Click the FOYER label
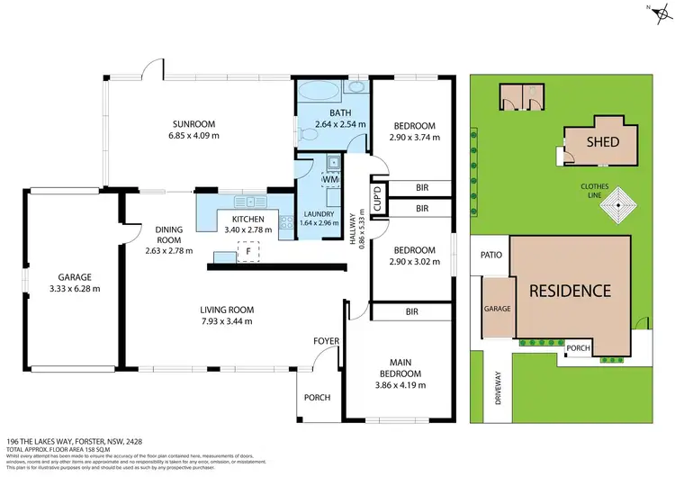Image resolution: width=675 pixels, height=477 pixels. tap(325, 341)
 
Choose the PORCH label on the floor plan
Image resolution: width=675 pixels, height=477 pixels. tap(318, 398)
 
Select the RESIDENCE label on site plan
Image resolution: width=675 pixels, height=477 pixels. tap(569, 291)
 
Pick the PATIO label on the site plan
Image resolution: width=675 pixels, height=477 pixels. tap(489, 255)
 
